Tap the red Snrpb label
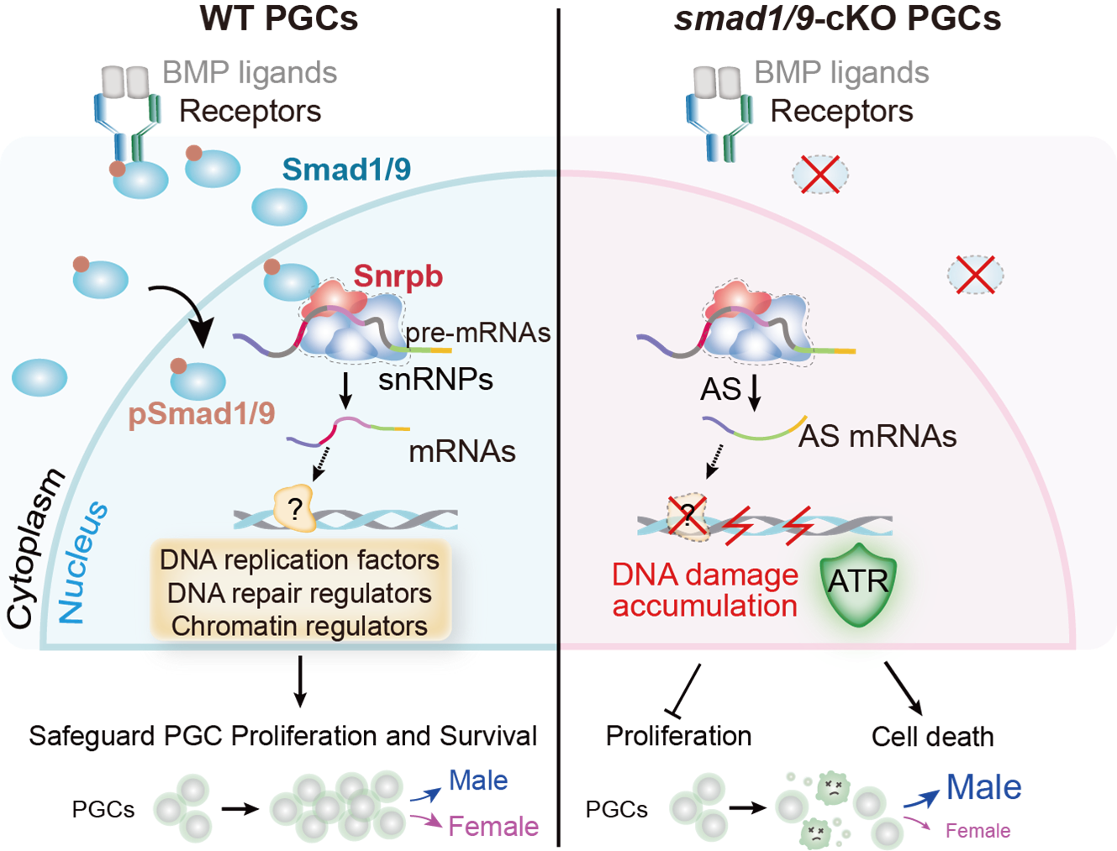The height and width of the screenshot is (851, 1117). click(x=398, y=276)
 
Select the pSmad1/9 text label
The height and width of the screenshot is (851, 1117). click(x=202, y=413)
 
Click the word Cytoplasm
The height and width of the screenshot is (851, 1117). click(x=34, y=549)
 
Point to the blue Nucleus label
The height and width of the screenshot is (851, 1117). click(x=83, y=562)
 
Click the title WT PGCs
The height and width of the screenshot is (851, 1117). click(x=279, y=18)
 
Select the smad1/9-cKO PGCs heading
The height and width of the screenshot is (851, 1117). click(x=837, y=18)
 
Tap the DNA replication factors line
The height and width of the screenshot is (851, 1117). click(x=299, y=559)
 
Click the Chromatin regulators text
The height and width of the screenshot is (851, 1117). click(x=299, y=626)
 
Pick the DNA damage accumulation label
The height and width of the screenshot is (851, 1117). click(x=704, y=590)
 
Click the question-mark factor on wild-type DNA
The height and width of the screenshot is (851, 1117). click(x=294, y=507)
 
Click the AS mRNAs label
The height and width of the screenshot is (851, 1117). click(x=877, y=436)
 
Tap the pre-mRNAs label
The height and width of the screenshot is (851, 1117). click(x=477, y=333)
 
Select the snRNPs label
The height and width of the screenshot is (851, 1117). click(x=435, y=380)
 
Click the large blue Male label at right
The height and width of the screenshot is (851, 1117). click(x=983, y=788)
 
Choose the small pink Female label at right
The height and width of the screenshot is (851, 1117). click(x=977, y=831)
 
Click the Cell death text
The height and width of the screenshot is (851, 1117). click(x=932, y=737)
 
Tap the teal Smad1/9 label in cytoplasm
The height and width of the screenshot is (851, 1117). click(x=346, y=170)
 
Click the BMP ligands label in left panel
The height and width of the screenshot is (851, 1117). click(x=250, y=73)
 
